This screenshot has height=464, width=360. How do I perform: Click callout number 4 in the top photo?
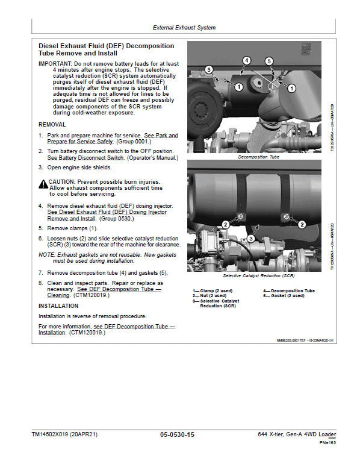pos(247,60)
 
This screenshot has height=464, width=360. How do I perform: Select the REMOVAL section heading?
pos(52,124)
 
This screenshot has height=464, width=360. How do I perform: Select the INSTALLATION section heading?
pos(58,306)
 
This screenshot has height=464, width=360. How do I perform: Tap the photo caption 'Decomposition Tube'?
pos(258,157)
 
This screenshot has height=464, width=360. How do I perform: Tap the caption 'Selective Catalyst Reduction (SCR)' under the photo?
pos(258,275)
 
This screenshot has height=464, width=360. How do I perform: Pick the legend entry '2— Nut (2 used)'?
pos(208,296)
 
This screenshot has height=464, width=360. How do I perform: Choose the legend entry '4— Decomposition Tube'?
pos(288,291)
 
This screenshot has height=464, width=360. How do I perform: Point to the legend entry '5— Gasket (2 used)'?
pos(284,296)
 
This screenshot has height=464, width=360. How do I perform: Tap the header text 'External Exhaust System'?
pos(184,28)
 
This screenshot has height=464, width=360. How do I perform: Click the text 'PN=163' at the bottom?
pos(327,443)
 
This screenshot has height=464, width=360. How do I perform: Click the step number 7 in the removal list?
pos(41,273)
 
